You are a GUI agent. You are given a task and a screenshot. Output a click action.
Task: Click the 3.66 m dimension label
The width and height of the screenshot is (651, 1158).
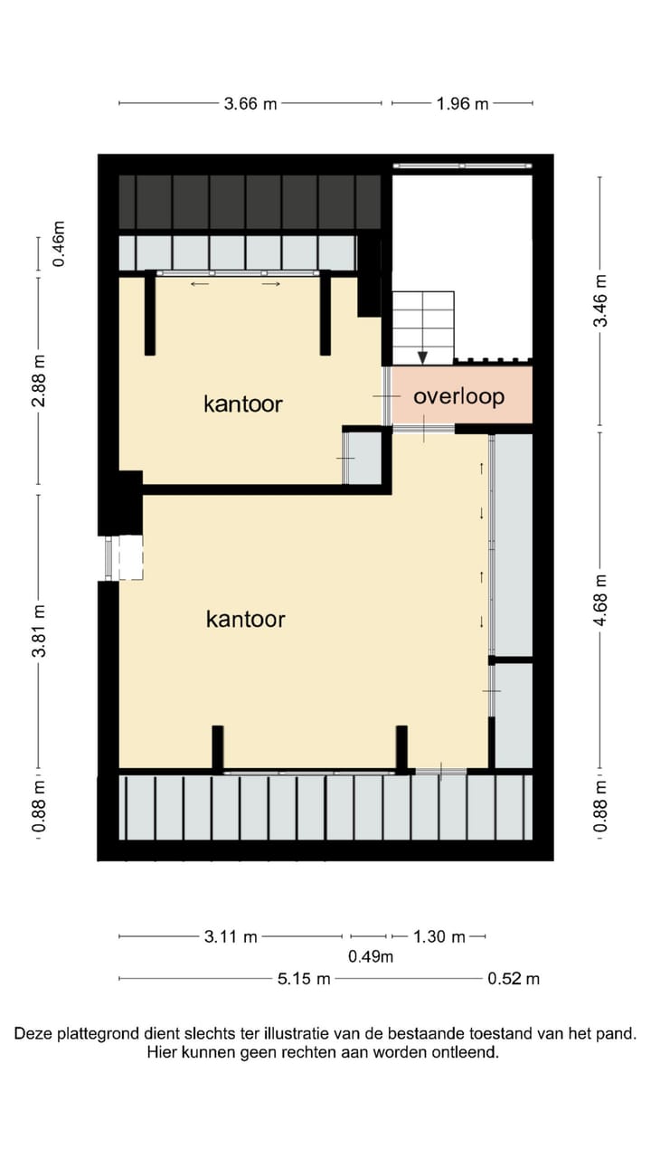click(250, 103)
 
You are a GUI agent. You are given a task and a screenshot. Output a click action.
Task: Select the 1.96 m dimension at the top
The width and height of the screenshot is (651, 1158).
click(462, 103)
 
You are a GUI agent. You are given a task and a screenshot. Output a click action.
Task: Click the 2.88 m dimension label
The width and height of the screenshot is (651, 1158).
click(38, 380)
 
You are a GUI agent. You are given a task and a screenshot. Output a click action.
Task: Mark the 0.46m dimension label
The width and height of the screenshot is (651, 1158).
click(59, 243)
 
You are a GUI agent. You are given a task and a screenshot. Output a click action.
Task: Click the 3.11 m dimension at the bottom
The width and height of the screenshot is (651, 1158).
click(231, 936)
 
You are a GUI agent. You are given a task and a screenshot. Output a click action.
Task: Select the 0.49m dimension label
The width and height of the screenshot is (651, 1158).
click(371, 957)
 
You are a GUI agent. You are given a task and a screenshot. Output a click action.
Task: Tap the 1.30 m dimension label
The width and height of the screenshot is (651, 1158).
click(439, 936)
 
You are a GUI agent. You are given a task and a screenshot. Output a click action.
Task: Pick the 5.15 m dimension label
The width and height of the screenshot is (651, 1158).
click(303, 978)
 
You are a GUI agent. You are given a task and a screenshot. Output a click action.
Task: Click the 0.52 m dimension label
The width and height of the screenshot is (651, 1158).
click(513, 978)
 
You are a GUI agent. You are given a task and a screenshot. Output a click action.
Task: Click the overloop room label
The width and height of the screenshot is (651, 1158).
click(458, 396)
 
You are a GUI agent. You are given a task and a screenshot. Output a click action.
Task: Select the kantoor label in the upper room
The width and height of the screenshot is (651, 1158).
click(242, 403)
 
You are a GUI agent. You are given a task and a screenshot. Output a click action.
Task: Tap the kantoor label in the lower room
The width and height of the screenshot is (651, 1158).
click(245, 619)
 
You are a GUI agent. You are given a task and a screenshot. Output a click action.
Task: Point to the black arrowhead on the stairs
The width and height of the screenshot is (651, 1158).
click(422, 357)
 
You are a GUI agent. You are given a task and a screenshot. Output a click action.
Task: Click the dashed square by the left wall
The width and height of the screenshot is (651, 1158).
click(131, 557)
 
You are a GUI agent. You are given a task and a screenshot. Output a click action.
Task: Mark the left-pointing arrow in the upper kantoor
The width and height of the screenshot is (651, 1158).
click(200, 284)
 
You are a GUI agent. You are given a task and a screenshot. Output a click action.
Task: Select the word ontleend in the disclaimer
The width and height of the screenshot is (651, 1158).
click(467, 1052)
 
